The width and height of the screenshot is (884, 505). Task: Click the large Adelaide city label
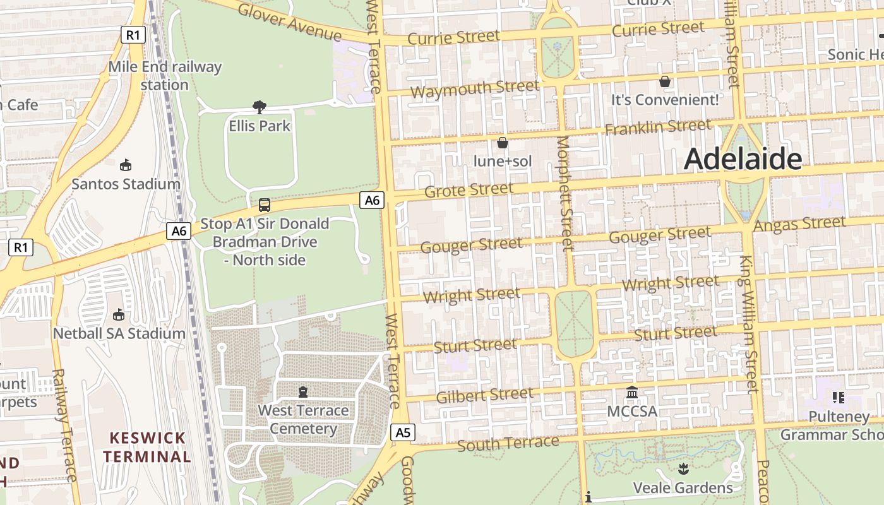click(x=743, y=158)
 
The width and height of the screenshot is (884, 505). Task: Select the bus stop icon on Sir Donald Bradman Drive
click(x=265, y=205)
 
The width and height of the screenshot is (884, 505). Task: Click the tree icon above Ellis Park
click(x=259, y=107)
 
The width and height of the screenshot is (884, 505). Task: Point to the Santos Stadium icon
click(x=126, y=165)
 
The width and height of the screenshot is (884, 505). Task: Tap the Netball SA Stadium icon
click(x=118, y=314)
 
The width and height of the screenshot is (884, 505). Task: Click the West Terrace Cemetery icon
click(x=303, y=392)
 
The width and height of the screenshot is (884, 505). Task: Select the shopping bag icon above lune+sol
click(x=503, y=143)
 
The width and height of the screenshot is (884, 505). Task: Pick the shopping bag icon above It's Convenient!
click(x=665, y=81)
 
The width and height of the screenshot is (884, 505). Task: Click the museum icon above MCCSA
click(x=632, y=393)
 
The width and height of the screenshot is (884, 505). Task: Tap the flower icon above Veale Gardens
click(x=683, y=469)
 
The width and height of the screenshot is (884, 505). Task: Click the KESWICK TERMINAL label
click(x=147, y=447)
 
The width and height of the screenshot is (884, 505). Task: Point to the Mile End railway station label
click(x=165, y=75)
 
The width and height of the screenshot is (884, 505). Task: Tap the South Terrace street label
click(x=508, y=443)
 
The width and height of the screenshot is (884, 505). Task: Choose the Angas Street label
click(x=799, y=224)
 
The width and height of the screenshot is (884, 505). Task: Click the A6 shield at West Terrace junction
click(x=372, y=201)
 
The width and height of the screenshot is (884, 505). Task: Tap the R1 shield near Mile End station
click(x=132, y=35)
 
